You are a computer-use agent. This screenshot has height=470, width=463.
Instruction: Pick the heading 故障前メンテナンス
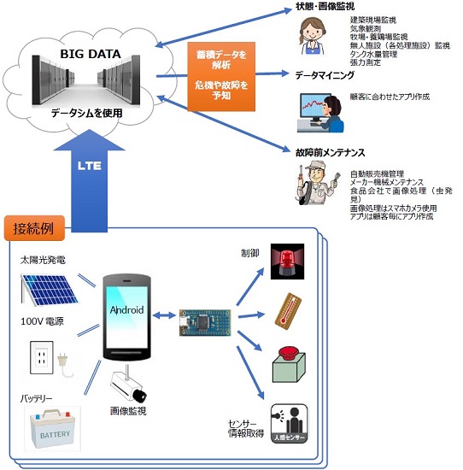tap(330, 152)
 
